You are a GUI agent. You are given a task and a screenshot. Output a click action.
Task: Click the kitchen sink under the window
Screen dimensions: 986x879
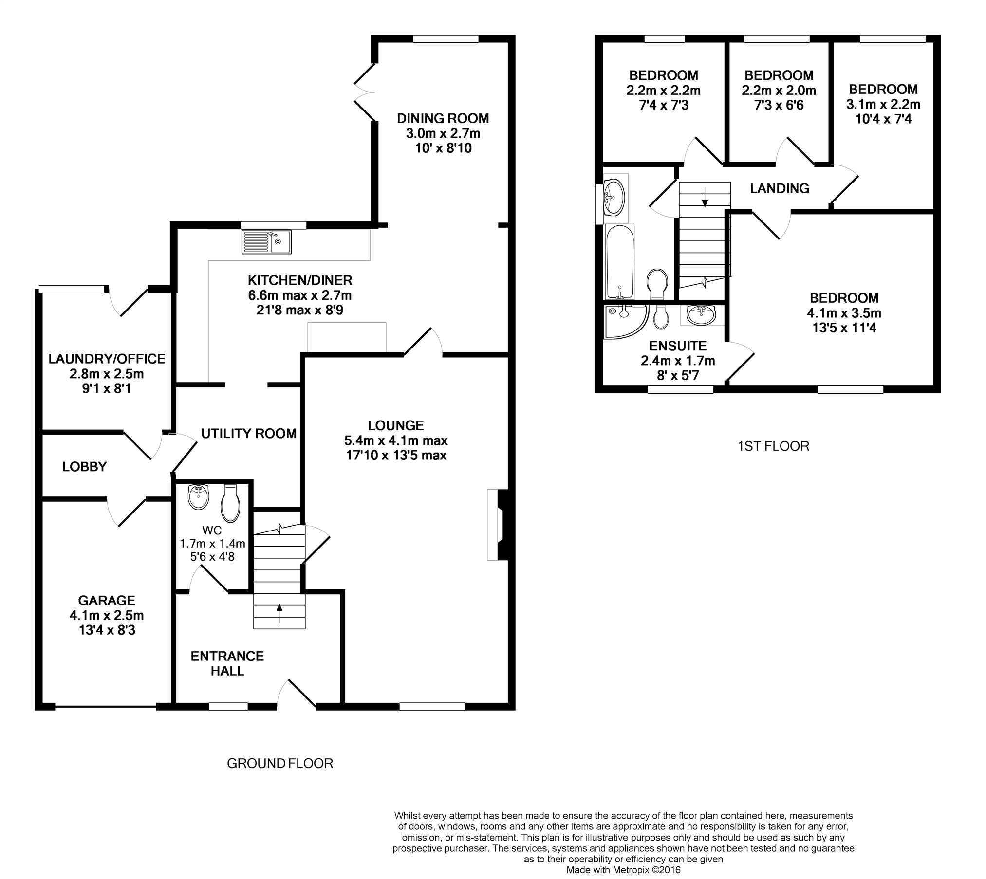point(266,242)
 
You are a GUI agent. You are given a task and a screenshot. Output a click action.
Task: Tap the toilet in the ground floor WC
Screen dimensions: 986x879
point(230,503)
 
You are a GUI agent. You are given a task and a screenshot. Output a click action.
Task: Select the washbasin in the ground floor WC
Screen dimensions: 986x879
point(199,497)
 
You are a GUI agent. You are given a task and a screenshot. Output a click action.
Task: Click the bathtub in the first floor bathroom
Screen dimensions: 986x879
point(619,262)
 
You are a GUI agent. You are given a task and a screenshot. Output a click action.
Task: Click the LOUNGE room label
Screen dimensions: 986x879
point(395,426)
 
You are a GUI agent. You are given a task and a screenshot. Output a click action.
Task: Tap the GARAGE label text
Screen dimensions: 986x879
point(107,601)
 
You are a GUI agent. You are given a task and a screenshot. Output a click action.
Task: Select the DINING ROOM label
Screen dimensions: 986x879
point(443,118)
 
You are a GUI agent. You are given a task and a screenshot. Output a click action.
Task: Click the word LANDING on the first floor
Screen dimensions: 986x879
point(779,188)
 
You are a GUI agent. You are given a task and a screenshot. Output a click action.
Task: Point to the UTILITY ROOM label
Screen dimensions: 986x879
point(249,434)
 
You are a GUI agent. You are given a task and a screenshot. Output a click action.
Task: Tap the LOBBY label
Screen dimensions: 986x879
point(84,467)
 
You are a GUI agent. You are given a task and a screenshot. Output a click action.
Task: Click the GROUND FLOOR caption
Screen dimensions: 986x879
point(280,763)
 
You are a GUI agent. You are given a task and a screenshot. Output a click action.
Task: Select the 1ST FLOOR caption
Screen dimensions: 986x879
point(773,446)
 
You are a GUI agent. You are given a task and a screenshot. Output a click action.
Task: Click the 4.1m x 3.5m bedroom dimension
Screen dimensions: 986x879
point(844,313)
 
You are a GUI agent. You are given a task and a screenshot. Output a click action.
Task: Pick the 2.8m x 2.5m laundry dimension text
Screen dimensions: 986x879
point(107,374)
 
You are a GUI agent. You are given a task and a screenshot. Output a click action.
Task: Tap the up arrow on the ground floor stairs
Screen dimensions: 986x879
point(279,614)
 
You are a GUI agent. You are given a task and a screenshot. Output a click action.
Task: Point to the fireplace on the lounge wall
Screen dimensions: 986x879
point(498,525)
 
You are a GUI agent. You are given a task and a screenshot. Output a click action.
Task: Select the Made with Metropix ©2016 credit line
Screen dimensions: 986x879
point(623,870)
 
